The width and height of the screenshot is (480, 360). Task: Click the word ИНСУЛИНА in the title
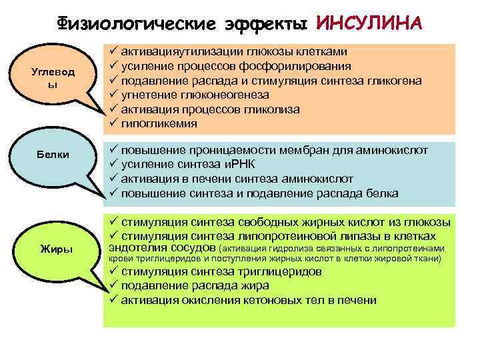pos(369,23)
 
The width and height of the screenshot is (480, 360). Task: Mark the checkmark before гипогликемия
pos(112,124)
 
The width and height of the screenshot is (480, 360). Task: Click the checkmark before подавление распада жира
pos(112,286)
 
